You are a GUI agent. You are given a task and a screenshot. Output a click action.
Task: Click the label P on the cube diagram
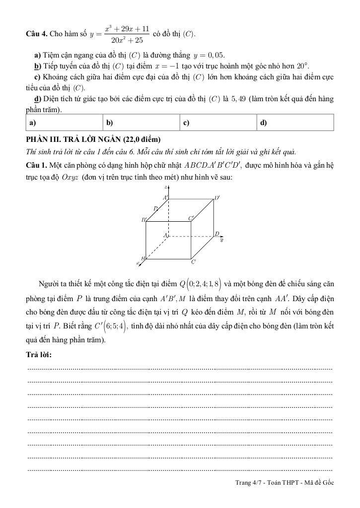155,208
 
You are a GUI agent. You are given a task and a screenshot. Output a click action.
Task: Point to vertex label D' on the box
217,198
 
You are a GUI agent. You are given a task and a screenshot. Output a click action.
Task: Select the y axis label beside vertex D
221,240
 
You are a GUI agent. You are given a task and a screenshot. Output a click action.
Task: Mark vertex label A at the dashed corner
165,234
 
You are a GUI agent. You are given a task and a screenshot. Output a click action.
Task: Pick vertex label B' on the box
144,219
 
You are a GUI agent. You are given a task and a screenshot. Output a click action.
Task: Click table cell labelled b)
142,123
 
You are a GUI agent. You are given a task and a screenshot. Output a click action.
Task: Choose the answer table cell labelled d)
296,123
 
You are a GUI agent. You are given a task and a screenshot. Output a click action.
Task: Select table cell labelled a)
65,123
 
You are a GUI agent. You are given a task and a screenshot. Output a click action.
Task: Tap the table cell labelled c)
219,123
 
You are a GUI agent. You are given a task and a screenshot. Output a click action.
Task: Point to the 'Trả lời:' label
39,355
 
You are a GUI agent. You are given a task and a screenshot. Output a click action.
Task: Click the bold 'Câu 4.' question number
37,34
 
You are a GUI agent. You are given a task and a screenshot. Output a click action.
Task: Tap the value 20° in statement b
302,66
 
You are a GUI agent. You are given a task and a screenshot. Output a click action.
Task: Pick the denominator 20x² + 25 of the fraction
127,40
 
